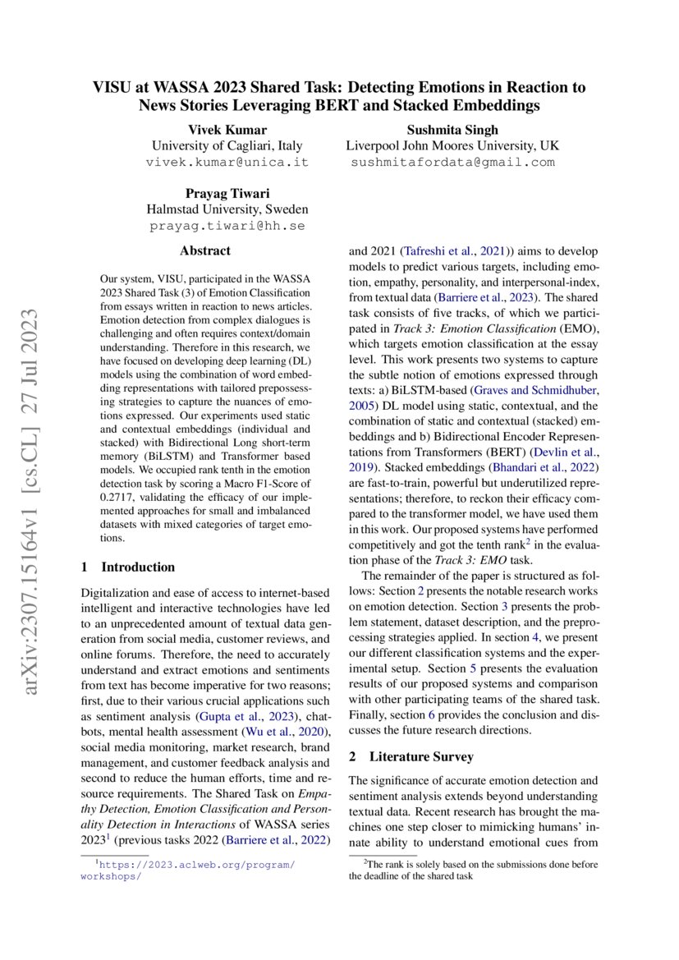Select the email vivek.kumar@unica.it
227,162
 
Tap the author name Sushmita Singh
452,130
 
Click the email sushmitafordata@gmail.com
452,162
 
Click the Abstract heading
205,250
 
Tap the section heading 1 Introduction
128,567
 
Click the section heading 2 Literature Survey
411,756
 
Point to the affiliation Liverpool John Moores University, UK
452,145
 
